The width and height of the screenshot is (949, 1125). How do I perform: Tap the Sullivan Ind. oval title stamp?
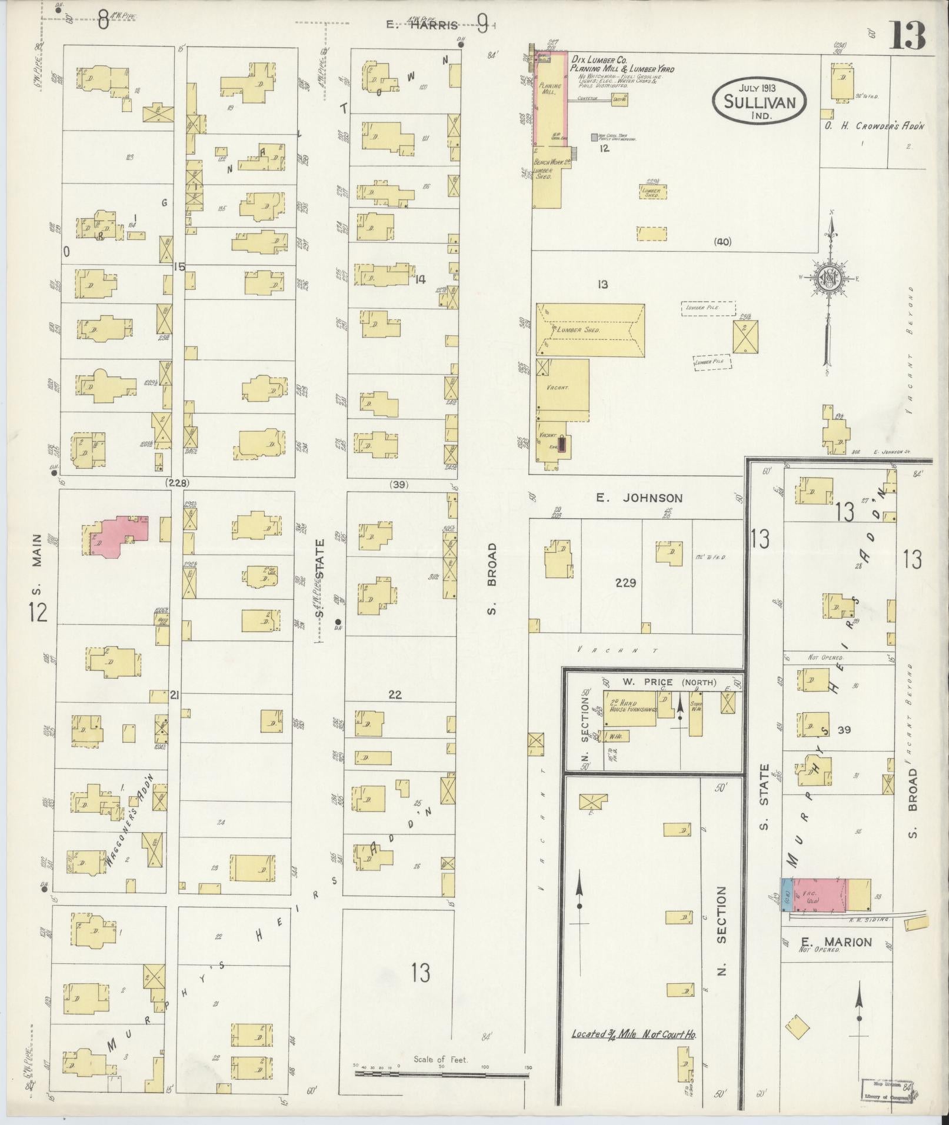pos(760,102)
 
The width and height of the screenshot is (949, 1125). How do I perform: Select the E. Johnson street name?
pos(639,498)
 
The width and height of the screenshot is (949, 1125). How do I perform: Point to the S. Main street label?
pos(38,559)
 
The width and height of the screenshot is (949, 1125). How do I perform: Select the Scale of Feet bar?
pos(441,1074)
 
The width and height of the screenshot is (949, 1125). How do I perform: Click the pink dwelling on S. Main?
pos(115,535)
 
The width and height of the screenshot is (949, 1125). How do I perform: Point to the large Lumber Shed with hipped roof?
pos(590,331)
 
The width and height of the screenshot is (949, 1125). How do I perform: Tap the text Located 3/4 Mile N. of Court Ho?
pos(634,1050)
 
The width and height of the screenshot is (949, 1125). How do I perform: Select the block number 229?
pos(625,583)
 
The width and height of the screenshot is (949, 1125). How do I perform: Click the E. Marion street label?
pos(827,942)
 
